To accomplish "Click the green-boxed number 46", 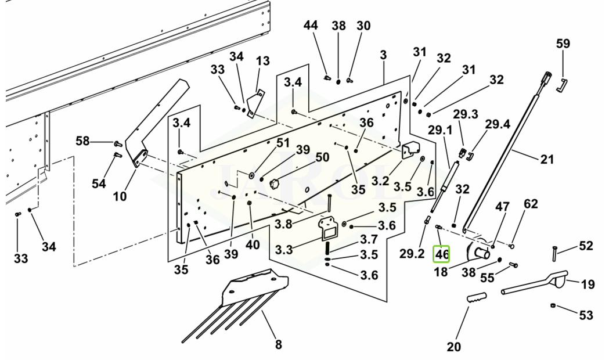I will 442,254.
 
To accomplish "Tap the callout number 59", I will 563,44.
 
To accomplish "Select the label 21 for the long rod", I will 547,159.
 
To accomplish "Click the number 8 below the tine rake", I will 278,344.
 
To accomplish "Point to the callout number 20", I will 453,347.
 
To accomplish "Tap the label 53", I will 586,315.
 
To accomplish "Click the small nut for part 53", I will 554,306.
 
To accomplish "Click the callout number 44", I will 311,26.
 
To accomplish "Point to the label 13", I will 262,61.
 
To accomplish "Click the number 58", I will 83,141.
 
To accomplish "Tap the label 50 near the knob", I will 322,157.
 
